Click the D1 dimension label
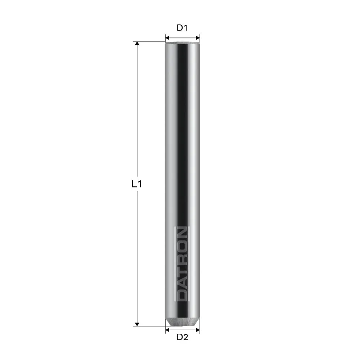(182, 28)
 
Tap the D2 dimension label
(183, 337)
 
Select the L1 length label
(137, 184)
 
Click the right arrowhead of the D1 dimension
(198, 37)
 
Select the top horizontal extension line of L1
(151, 41)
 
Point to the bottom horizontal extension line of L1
(151, 326)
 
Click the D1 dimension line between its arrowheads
(183, 37)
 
